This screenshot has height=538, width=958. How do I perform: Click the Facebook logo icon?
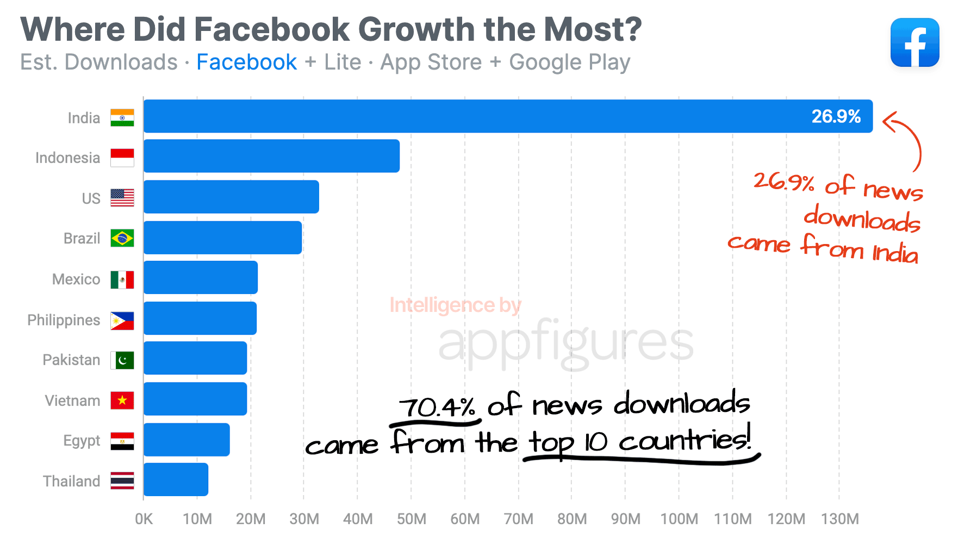[x=915, y=42]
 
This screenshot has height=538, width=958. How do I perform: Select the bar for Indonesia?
[x=271, y=156]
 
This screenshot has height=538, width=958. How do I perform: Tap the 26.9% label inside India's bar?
[x=836, y=116]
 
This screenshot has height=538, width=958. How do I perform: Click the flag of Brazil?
[x=122, y=238]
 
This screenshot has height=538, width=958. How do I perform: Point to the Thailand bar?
[x=176, y=479]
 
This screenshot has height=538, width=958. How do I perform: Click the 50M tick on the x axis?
[x=411, y=519]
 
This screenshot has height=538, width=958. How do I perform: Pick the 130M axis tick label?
[x=839, y=519]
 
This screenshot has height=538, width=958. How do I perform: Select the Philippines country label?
[x=64, y=320]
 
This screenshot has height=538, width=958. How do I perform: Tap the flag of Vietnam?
[x=122, y=401]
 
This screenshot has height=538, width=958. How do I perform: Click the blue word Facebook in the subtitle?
[x=246, y=62]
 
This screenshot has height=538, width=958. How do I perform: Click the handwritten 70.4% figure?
[x=437, y=406]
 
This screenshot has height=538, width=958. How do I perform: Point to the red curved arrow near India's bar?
[x=905, y=139]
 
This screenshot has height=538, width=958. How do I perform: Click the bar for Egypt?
[x=186, y=440]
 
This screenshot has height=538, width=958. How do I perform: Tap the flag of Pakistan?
[x=122, y=360]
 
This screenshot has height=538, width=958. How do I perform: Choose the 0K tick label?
[x=144, y=519]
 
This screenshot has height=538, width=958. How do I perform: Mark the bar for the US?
[x=231, y=197]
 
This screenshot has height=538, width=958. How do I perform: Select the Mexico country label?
[x=76, y=279]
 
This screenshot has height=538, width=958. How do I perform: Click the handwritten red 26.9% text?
[x=783, y=182]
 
